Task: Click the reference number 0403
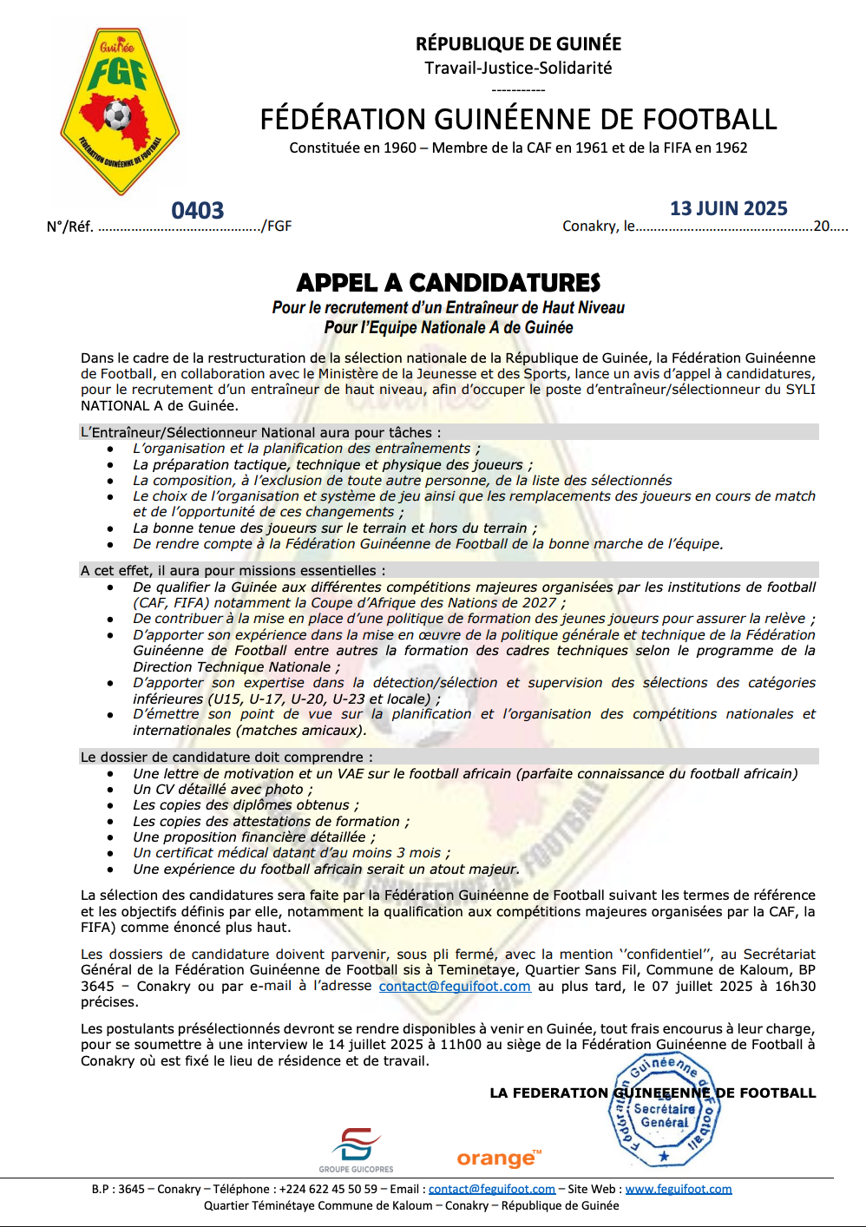pyautogui.click(x=198, y=211)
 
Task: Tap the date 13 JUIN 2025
pyautogui.click(x=728, y=208)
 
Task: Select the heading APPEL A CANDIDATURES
pyautogui.click(x=448, y=283)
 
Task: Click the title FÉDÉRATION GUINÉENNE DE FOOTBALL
pyautogui.click(x=518, y=119)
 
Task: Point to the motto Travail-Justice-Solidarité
pyautogui.click(x=518, y=68)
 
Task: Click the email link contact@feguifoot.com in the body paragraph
pyautogui.click(x=455, y=987)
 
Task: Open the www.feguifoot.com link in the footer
pyautogui.click(x=678, y=1189)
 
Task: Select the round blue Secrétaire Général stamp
pyautogui.click(x=664, y=1111)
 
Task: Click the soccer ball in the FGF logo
pyautogui.click(x=117, y=114)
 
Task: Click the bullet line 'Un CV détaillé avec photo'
pyautogui.click(x=222, y=790)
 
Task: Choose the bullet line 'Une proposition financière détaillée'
pyautogui.click(x=253, y=837)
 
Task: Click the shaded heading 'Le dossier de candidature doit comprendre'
pyautogui.click(x=227, y=758)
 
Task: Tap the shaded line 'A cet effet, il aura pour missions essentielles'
pyautogui.click(x=233, y=571)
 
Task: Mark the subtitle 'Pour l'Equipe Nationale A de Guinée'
pyautogui.click(x=449, y=328)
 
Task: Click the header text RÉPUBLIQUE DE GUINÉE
pyautogui.click(x=518, y=43)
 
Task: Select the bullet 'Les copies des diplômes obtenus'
pyautogui.click(x=246, y=805)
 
